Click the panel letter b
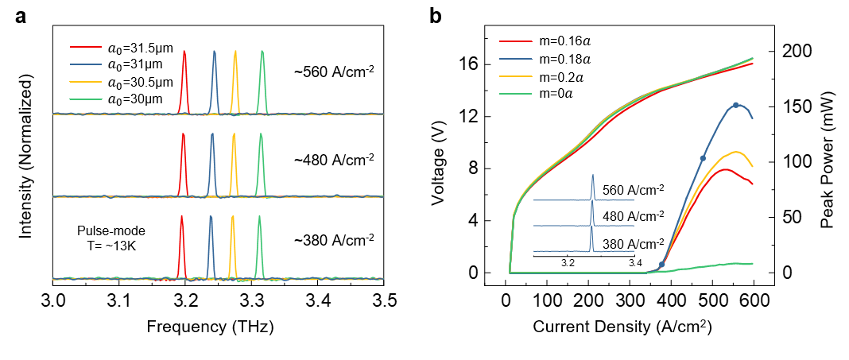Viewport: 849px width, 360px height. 435,16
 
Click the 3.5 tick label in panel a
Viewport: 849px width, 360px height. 385,300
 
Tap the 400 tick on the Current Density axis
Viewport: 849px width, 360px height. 673,300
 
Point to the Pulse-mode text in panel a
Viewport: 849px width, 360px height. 105,229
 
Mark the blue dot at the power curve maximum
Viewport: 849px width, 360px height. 736,105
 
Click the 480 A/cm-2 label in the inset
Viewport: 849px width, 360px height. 633,216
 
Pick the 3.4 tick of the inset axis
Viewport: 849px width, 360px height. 634,261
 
